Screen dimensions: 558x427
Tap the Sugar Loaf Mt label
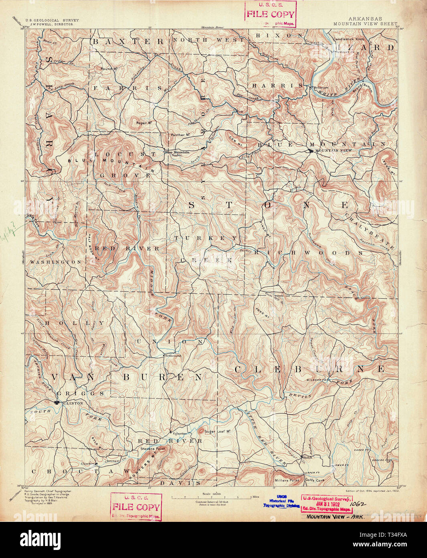pos(219,432)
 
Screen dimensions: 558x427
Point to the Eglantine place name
pos(180,434)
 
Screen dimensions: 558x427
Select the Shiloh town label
pos(308,457)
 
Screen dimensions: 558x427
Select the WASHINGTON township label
pos(56,262)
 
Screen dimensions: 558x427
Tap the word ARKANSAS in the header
pos(365,19)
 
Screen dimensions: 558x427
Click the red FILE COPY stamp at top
pos(271,14)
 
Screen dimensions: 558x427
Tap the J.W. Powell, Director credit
pos(50,24)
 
